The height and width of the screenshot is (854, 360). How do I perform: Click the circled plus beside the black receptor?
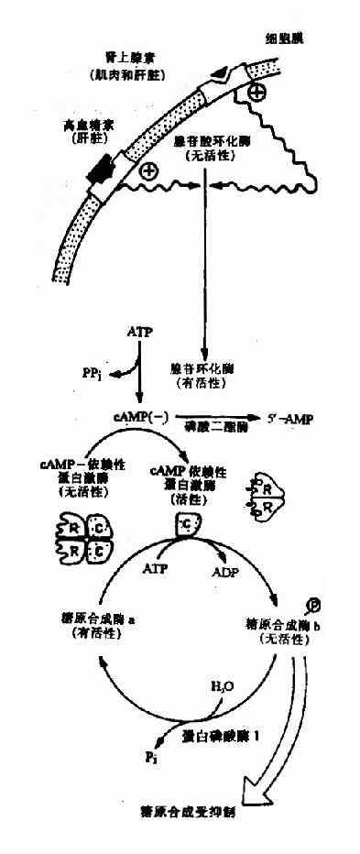147,170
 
